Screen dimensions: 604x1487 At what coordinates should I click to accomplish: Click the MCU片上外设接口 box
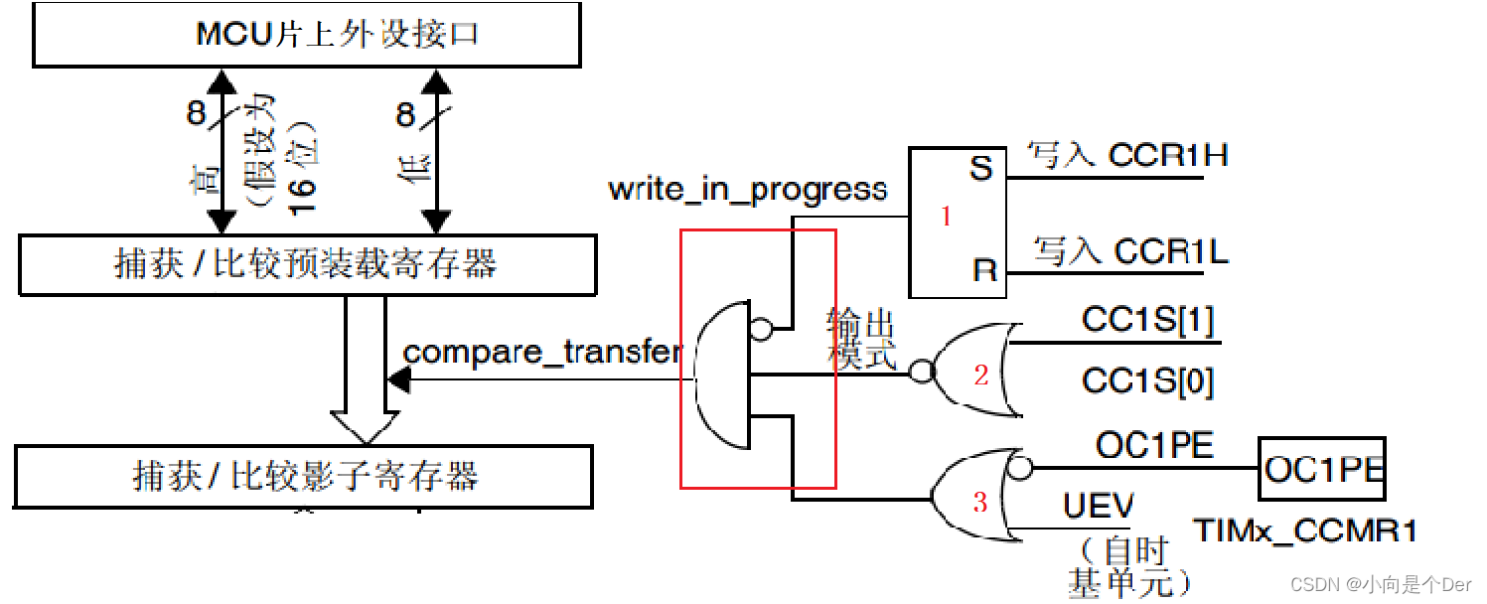tap(308, 36)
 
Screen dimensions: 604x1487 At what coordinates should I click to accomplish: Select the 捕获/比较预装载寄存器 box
tap(308, 265)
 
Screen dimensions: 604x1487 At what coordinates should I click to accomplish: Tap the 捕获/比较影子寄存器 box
tap(305, 476)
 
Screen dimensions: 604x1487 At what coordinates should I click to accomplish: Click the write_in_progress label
tap(748, 189)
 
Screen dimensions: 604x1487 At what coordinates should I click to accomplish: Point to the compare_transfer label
tap(543, 352)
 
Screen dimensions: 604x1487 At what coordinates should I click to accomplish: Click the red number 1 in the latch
tap(946, 217)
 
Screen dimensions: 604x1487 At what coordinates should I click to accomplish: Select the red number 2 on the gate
tap(981, 375)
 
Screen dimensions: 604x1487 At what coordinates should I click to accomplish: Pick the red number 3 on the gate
tap(980, 503)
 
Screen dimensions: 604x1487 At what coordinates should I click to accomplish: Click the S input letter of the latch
tap(981, 168)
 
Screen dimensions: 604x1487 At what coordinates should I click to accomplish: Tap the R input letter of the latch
tap(983, 271)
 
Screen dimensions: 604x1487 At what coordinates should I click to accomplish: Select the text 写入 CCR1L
tap(1130, 250)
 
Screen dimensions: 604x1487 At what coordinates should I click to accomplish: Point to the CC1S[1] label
tap(1147, 321)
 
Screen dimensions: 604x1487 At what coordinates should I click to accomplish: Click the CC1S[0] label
tap(1147, 382)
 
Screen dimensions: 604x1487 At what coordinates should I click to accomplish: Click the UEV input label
tap(1098, 508)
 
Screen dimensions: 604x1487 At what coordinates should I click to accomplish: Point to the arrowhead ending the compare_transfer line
tap(397, 377)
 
